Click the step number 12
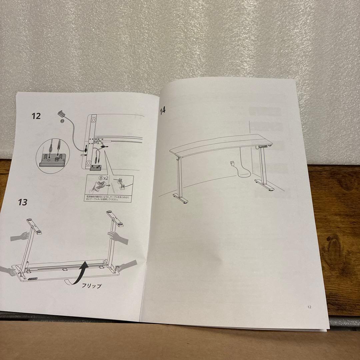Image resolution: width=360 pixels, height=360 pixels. point(36,116)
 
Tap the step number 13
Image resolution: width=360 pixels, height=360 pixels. point(23,202)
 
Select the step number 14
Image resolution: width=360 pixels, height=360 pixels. point(163,110)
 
